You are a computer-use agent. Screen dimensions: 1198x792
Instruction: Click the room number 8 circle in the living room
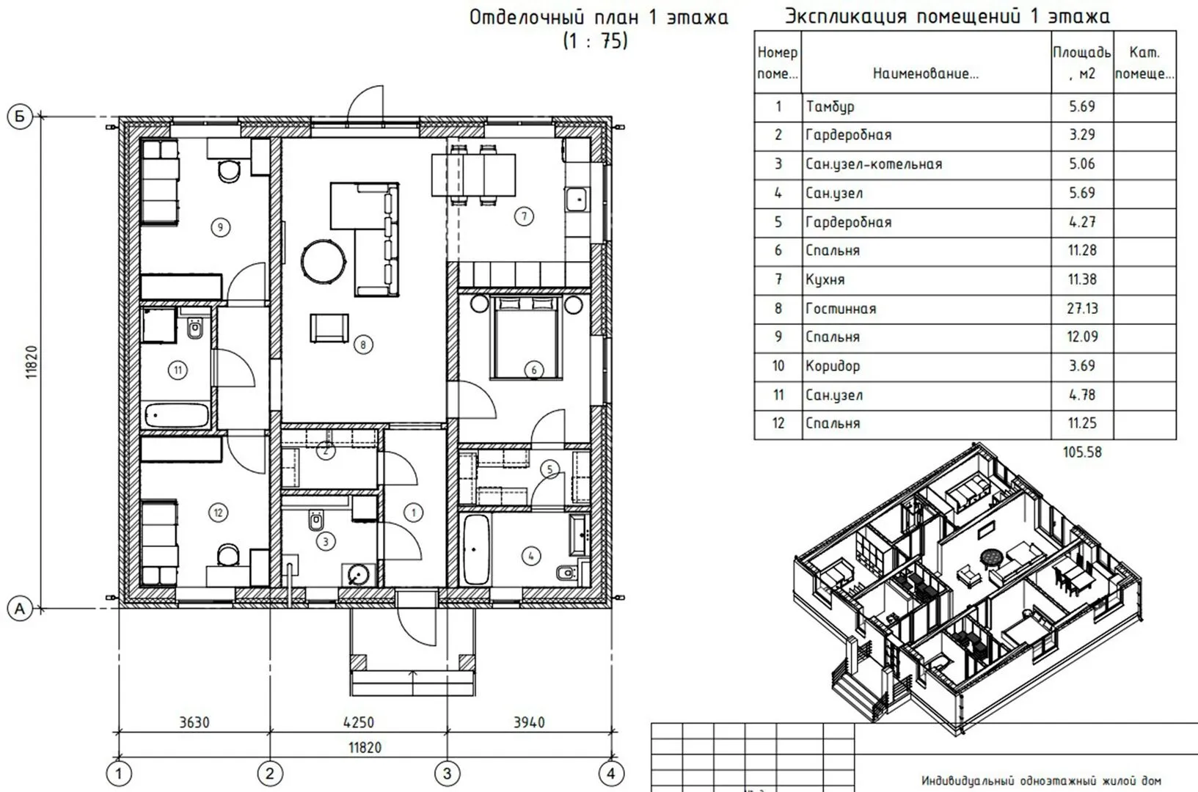point(363,345)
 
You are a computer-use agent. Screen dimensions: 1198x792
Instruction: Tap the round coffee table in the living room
point(324,262)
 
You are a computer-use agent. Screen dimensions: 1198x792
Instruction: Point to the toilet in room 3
point(317,519)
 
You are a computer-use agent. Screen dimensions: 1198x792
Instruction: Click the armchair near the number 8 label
point(329,328)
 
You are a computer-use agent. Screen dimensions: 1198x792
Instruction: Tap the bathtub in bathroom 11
point(177,416)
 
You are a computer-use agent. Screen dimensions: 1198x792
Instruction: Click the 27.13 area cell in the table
point(1082,309)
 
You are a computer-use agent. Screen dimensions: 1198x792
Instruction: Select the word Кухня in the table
point(825,279)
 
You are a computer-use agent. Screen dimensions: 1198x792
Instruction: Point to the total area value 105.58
point(1082,452)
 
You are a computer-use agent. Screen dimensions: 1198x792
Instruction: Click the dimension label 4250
point(358,722)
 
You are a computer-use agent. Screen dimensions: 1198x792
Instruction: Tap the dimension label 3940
point(529,722)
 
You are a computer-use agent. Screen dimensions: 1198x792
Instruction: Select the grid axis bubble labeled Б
point(20,117)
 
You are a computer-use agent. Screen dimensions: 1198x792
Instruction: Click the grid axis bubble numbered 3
point(447,773)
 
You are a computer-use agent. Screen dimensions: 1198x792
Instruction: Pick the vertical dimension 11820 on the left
point(32,362)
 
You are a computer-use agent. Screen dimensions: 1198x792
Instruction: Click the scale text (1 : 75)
point(595,41)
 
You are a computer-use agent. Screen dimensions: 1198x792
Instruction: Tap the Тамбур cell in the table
point(830,106)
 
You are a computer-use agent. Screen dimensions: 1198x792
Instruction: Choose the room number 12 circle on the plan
point(218,513)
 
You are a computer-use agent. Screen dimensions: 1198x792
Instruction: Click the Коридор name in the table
point(833,367)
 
